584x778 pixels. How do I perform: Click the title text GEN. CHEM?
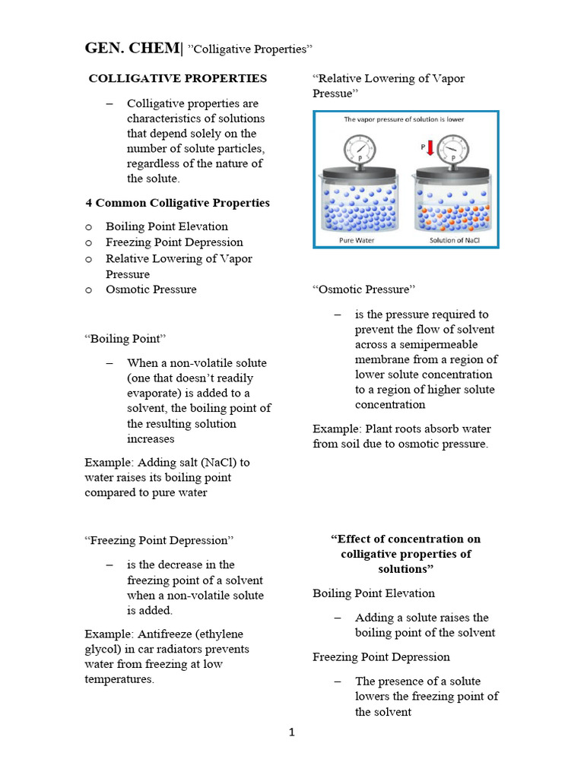tap(132, 49)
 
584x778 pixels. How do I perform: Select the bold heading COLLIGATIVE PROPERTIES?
tap(178, 78)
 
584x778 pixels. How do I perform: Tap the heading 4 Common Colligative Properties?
tap(177, 203)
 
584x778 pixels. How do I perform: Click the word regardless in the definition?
tap(154, 164)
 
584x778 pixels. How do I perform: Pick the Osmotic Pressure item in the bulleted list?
tap(151, 289)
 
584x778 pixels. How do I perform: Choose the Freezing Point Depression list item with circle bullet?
tap(174, 242)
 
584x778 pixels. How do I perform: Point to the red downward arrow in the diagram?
tap(430, 150)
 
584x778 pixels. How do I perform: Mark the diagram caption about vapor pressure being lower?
tap(404, 119)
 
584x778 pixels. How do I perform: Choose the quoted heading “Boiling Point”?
tap(125, 338)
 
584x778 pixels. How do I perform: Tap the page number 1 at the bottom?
tap(291, 732)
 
